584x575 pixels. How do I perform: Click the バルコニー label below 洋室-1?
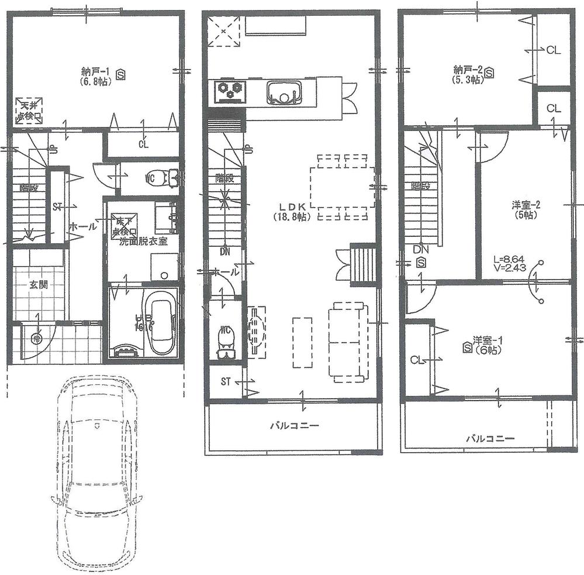[490, 438]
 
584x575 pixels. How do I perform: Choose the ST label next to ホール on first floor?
[57, 206]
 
